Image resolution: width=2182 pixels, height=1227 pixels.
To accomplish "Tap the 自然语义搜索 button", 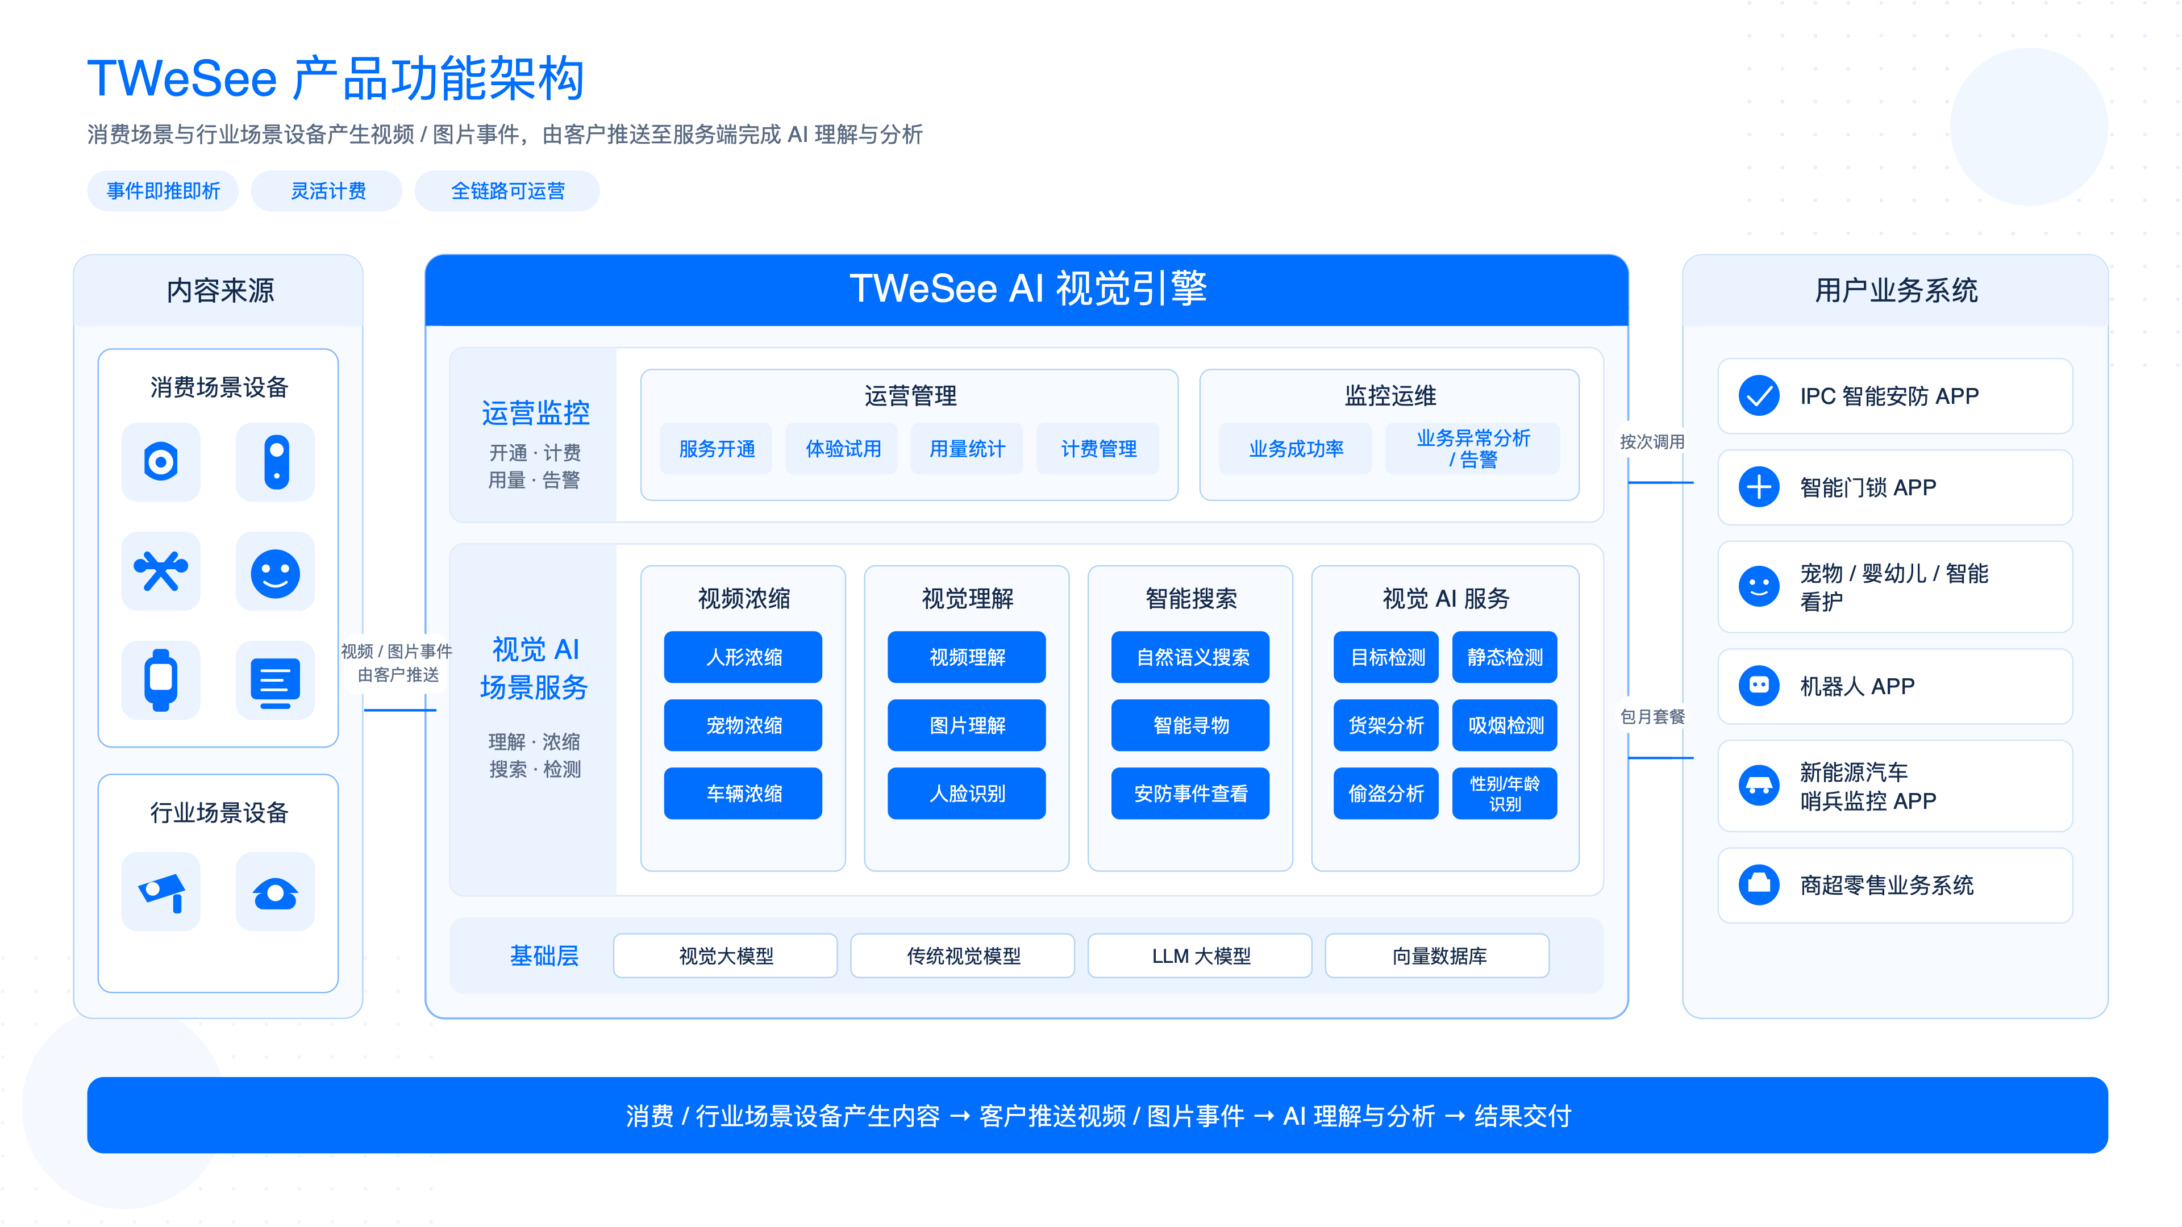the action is [1190, 657].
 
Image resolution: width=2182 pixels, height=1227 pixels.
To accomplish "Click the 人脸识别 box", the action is [967, 794].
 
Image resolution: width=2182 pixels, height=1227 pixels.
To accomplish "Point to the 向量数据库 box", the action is [1438, 956].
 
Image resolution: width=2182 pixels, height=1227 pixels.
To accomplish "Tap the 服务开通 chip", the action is [717, 449].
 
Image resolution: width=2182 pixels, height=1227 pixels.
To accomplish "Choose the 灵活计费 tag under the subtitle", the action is [328, 190].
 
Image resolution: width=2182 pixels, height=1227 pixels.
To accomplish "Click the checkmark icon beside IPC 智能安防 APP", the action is [1759, 395].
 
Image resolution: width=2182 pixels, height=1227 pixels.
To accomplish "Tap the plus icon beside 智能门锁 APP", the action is [1759, 487].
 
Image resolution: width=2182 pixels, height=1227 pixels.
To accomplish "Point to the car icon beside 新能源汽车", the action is [1759, 786].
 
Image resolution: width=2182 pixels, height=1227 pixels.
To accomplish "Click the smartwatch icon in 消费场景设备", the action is [161, 680].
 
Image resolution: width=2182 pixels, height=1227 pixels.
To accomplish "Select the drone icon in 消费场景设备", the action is [161, 571].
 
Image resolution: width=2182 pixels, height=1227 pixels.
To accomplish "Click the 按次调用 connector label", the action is [1652, 442].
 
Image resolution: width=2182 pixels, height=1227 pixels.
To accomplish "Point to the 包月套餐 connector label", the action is [1652, 716].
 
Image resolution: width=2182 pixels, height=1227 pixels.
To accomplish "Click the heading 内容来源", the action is [219, 290].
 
